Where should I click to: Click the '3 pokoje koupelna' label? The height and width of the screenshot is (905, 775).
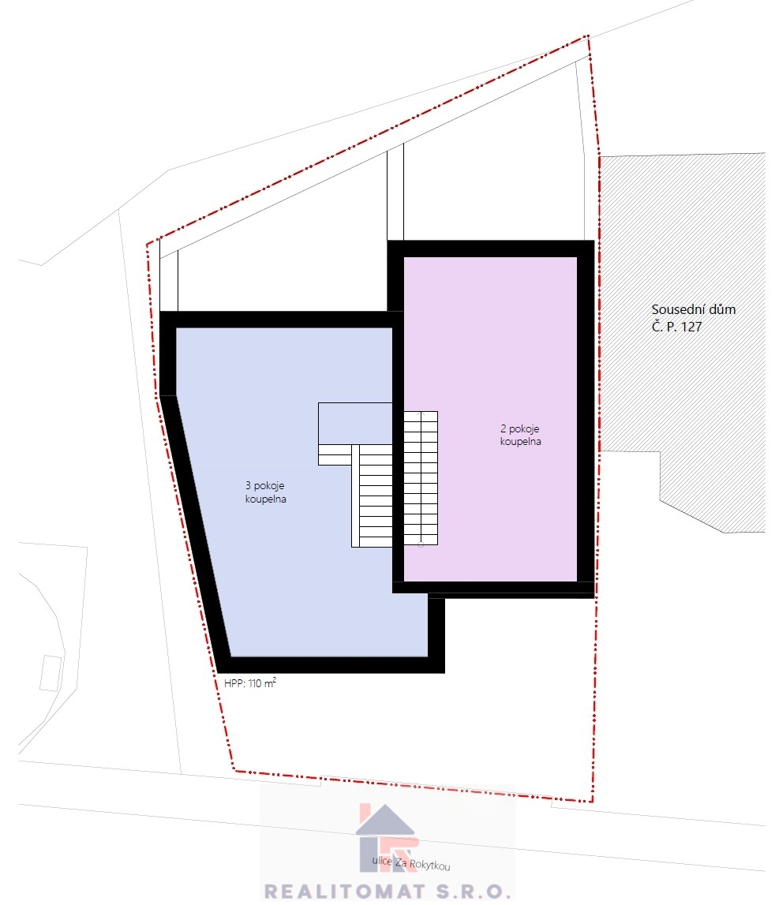tap(266, 492)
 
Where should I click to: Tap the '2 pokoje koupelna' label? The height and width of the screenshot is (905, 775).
tap(520, 436)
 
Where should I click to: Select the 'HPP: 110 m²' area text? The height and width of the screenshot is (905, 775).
tap(250, 682)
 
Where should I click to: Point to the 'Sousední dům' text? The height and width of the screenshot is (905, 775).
tap(694, 309)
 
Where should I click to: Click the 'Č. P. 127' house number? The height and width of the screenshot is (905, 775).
tap(677, 327)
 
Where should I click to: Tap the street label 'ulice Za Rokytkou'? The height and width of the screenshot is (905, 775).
tap(411, 863)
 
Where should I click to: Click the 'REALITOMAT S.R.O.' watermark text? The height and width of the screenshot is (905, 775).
tap(387, 891)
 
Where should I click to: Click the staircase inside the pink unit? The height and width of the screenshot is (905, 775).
tap(421, 478)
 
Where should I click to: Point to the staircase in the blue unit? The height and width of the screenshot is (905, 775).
tap(372, 496)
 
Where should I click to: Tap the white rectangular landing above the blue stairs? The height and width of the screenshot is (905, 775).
tap(355, 423)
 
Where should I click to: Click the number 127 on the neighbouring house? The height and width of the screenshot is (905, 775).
tap(691, 327)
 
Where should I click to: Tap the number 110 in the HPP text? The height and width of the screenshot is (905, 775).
tap(255, 683)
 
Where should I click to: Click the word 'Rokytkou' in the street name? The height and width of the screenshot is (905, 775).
tap(429, 866)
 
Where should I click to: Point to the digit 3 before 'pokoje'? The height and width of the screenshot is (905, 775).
tap(248, 485)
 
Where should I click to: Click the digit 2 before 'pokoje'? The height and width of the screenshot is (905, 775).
tap(503, 429)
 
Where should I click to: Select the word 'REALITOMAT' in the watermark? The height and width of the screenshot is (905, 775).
tap(344, 891)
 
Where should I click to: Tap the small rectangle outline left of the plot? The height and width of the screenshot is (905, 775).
tap(51, 673)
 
